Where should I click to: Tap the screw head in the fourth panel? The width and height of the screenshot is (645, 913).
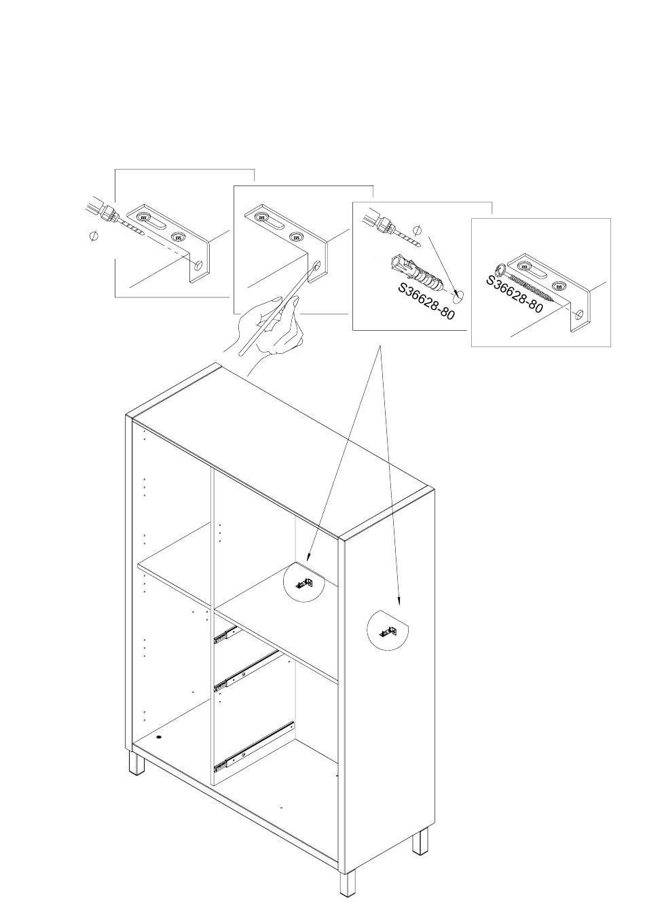pyautogui.click(x=501, y=270)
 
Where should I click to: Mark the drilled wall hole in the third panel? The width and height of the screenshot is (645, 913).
pyautogui.click(x=459, y=294)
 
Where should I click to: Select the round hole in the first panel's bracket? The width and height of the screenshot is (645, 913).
pyautogui.click(x=198, y=266)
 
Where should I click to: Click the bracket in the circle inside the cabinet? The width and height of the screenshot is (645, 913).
pyautogui.click(x=304, y=584)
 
